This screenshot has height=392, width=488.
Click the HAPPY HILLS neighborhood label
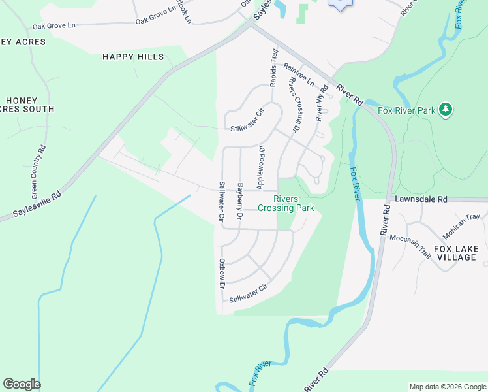(133, 57)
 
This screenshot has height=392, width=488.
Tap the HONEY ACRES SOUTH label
(29, 105)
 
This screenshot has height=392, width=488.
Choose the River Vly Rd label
(320, 105)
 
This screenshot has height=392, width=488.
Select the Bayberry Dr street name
(240, 200)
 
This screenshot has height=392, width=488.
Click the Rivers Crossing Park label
(286, 204)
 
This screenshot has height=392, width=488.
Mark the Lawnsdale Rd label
(421, 198)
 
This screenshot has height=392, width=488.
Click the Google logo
(22, 384)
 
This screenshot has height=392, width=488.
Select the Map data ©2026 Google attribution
(448, 387)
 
